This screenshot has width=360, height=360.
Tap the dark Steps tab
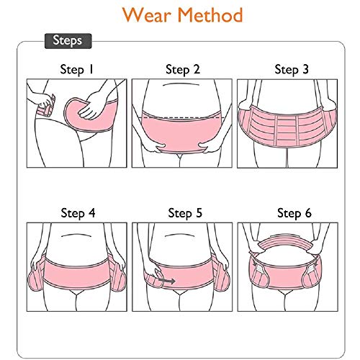click(x=68, y=41)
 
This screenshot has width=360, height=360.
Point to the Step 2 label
click(x=182, y=70)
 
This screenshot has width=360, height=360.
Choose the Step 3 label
click(x=291, y=70)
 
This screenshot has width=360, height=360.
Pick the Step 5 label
click(x=184, y=213)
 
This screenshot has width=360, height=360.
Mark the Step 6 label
click(x=294, y=213)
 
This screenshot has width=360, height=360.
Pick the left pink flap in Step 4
click(x=35, y=278)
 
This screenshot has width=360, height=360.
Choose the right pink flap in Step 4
click(x=119, y=278)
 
